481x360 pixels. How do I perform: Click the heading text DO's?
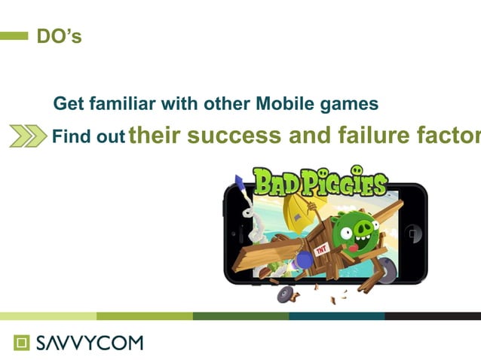click(59, 36)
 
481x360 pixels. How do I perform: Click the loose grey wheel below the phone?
click(286, 294)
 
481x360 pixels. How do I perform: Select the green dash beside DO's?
click(14, 36)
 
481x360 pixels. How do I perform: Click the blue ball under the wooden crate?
click(303, 260)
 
